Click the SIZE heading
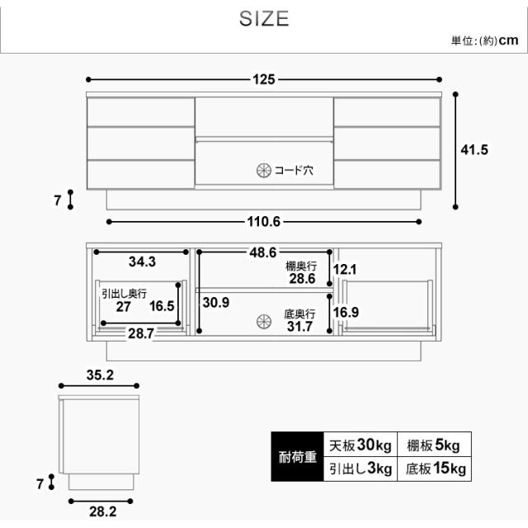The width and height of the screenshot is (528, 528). coord(264,18)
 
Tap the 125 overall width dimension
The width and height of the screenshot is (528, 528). coord(264,79)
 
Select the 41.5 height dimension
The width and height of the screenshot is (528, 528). coord(474,150)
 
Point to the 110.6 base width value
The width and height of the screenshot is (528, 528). coord(264,222)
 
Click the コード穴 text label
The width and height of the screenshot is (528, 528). coord(294,171)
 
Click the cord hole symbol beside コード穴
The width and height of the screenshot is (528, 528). coord(264,171)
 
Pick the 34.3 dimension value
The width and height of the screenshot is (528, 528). coord(142,262)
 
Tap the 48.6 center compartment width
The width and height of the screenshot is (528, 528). coord(263,252)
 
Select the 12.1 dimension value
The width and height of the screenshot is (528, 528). coord(345,270)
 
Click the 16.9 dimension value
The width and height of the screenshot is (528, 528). coord(346,312)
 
